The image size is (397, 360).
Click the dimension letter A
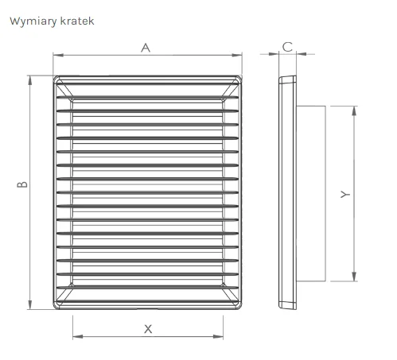click(x=146, y=48)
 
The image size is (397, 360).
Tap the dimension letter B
click(x=22, y=184)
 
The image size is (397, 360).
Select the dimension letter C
click(x=287, y=47)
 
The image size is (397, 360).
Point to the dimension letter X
click(x=148, y=329)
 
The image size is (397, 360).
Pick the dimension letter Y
click(x=345, y=195)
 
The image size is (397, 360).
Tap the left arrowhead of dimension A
click(x=58, y=55)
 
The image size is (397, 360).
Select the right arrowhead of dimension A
click(x=237, y=55)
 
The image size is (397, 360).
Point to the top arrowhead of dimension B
click(x=30, y=80)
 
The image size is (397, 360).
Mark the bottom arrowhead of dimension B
click(x=30, y=304)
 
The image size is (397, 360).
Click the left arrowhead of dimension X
click(x=78, y=337)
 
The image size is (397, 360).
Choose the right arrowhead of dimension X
click(x=218, y=337)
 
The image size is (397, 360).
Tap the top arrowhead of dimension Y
click(x=354, y=111)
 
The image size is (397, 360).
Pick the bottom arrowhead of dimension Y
click(x=354, y=277)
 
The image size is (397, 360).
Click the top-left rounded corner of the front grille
click(x=55, y=78)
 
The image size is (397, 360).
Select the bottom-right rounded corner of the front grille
click(x=239, y=307)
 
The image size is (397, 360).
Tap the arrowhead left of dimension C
click(x=274, y=54)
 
